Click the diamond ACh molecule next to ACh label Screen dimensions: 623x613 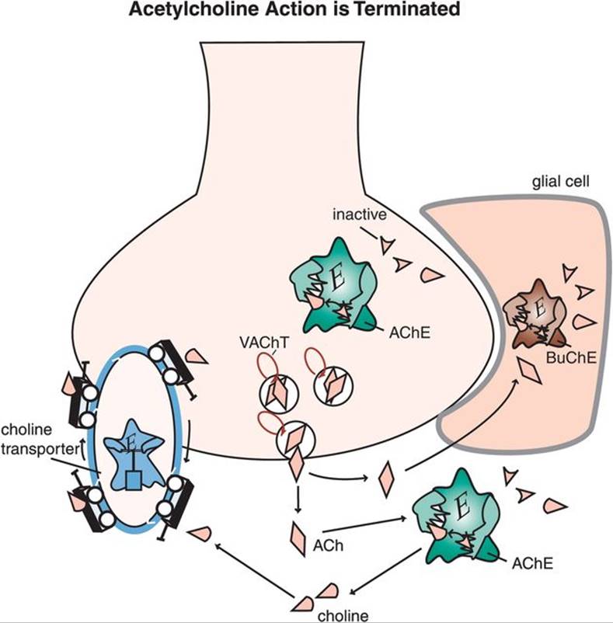(299, 535)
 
